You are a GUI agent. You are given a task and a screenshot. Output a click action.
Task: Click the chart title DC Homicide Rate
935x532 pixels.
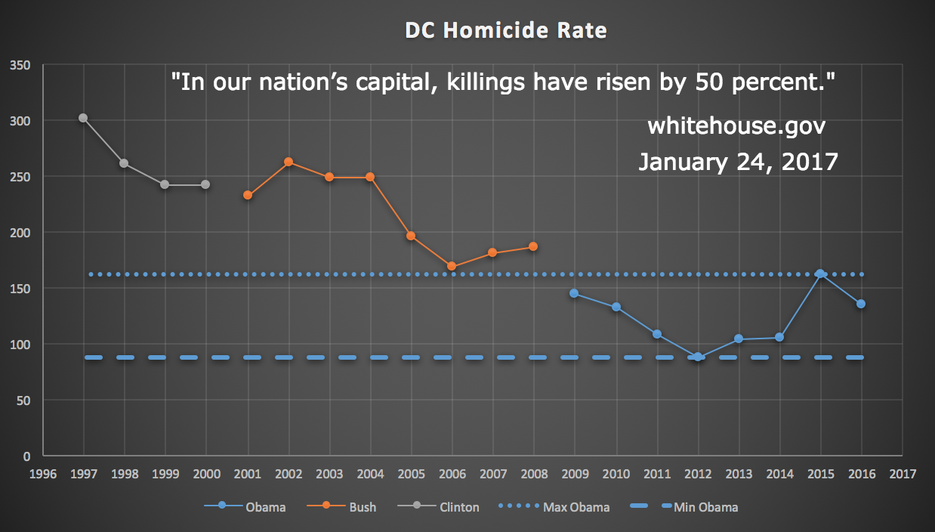coord(505,31)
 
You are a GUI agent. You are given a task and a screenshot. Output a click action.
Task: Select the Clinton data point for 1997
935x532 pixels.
coord(83,118)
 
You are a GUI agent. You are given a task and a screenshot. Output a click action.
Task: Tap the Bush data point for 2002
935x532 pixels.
coord(289,162)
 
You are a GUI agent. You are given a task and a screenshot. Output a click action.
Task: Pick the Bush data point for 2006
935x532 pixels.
coord(452,266)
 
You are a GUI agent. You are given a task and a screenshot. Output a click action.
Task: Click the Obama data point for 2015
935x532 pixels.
coord(819,274)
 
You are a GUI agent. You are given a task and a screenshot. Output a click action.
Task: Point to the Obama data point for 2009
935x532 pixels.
coord(574,293)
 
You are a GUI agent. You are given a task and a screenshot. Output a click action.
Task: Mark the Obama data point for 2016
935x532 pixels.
coord(860,304)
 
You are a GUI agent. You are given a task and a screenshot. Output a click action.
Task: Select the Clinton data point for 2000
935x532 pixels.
coord(205,184)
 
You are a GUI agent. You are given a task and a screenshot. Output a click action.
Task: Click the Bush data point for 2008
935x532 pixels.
coord(533,246)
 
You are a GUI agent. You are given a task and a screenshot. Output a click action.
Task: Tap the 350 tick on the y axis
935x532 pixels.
coord(20,66)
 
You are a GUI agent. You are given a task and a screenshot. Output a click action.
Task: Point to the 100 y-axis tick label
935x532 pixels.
coord(20,345)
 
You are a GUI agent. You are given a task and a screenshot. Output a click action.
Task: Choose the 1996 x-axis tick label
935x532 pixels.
coord(43,475)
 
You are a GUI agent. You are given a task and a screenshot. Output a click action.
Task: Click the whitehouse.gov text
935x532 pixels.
coord(736,126)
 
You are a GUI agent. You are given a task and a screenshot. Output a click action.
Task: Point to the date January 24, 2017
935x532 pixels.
coord(738,162)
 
